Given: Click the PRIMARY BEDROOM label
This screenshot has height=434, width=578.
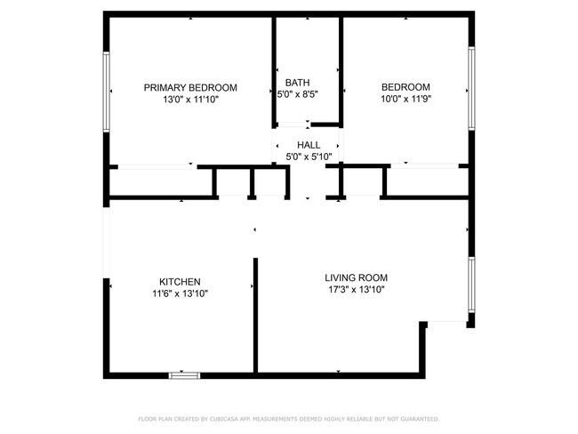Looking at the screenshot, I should click(x=190, y=87).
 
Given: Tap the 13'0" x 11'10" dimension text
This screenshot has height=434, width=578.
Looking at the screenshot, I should click(x=190, y=100).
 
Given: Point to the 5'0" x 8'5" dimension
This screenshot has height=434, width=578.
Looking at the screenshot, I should click(x=297, y=93).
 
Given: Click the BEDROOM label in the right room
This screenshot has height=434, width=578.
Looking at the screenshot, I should click(x=405, y=87).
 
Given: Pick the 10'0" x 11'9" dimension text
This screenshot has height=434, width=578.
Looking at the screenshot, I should click(x=405, y=100).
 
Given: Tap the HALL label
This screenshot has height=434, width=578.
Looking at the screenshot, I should click(x=309, y=144).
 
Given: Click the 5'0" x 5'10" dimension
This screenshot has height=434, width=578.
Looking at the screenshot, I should click(x=309, y=157).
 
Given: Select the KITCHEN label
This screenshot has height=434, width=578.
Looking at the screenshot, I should click(x=180, y=281).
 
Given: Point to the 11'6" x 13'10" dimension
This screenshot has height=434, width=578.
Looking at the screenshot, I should click(x=180, y=293).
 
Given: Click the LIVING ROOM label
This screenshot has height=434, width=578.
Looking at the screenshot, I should click(x=356, y=277).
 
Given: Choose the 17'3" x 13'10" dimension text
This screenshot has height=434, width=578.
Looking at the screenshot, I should click(x=356, y=290).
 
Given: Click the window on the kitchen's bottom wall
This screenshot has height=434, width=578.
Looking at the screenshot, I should click(x=184, y=375).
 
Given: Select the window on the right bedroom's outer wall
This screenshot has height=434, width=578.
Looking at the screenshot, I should click(x=472, y=88).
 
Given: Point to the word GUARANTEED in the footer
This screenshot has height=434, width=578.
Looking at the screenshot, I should click(x=418, y=418).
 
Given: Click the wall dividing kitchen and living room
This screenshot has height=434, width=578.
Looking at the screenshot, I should click(x=255, y=315).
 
